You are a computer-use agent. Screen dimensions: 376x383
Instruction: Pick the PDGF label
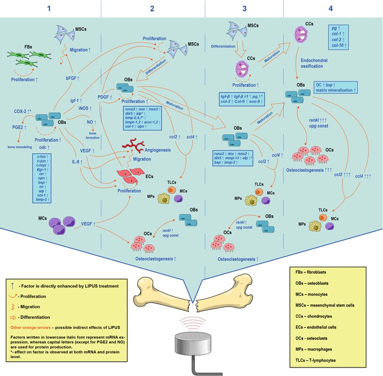(x=104, y=81)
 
